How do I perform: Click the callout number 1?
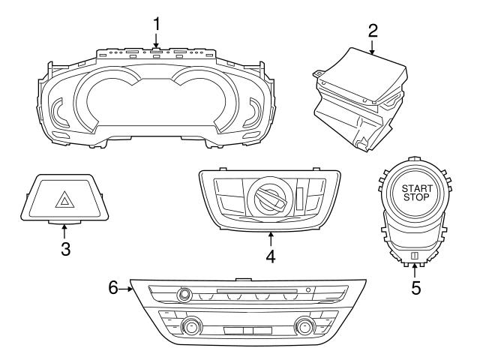(157, 23)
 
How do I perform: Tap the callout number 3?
(65, 248)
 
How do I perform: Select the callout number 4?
(270, 256)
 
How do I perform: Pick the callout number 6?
(113, 286)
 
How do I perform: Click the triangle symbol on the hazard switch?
(64, 199)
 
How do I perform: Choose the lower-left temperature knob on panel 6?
(193, 327)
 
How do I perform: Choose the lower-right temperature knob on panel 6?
(304, 327)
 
